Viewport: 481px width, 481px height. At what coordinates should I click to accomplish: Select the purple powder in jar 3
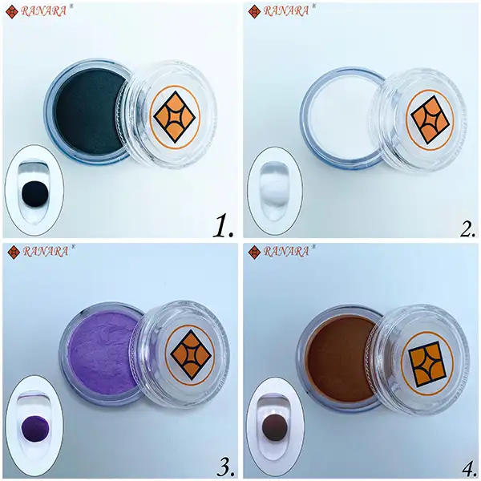pos(103,353)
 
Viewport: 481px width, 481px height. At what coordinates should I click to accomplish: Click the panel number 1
pos(224,226)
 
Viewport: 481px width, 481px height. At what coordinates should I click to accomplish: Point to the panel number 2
pos(467,227)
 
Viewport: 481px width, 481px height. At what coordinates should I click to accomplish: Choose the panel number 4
pos(468,467)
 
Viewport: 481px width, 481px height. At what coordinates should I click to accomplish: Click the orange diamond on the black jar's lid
pos(175,117)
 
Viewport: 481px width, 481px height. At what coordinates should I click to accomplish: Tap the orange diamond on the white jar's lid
pos(430,119)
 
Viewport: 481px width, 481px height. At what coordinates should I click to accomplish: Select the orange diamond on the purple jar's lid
pos(191,355)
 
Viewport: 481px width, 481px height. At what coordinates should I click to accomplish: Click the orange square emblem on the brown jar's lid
pos(427,364)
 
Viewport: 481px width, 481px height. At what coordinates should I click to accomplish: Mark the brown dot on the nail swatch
pos(275,426)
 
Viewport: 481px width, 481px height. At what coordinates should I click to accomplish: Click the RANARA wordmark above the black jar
pos(43,11)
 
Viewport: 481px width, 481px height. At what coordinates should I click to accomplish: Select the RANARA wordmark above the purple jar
pos(46,252)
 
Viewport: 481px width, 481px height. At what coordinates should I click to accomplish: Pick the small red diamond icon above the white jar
pos(254,12)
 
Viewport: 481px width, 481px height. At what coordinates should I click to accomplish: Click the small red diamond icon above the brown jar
pos(254,253)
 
